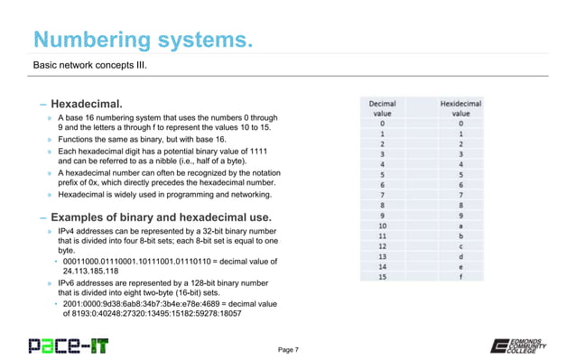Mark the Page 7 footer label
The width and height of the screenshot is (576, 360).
tap(295, 348)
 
